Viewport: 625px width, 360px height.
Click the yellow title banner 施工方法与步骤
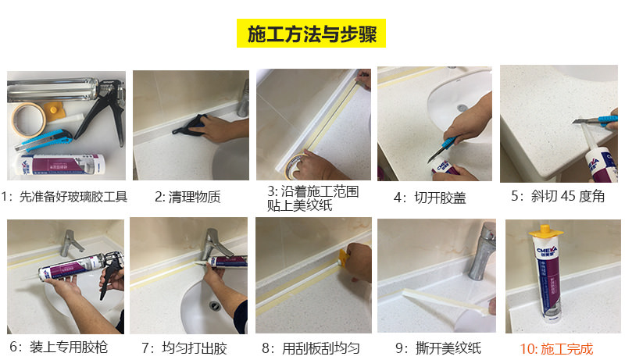(311, 33)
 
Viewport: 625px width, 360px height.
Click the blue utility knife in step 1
(44, 139)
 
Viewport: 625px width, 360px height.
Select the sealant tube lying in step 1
(60, 165)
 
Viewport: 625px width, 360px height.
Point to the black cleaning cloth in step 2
(191, 124)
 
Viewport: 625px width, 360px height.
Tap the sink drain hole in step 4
(462, 107)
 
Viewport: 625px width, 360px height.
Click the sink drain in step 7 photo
(216, 305)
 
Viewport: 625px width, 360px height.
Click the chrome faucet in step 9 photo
(481, 251)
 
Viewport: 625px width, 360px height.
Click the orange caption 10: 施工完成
(556, 349)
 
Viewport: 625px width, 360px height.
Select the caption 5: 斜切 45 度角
(558, 196)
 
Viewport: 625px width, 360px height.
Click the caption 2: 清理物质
(187, 197)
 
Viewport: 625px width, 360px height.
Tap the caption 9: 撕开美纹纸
(437, 348)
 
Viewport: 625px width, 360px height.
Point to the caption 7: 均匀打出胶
(184, 348)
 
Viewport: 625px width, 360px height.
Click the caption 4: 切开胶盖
(429, 198)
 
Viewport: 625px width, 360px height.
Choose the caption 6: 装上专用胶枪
(58, 348)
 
